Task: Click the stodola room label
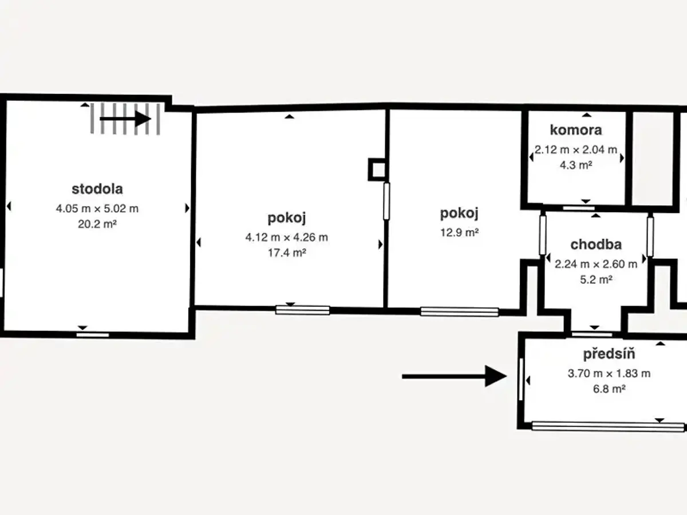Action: point(97,189)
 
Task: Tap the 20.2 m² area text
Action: point(97,224)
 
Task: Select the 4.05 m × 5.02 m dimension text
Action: point(97,208)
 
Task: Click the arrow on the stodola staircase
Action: point(125,119)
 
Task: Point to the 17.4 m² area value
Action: point(287,252)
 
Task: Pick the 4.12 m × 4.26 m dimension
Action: point(287,237)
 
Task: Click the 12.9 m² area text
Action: point(460,232)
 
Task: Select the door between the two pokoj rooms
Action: point(386,201)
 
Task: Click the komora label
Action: point(576,130)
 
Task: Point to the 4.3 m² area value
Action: point(576,165)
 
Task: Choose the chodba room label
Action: point(596,244)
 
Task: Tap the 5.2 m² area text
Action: point(596,279)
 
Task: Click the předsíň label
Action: point(609,354)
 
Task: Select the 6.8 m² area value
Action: point(609,389)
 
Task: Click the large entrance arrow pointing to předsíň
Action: point(455,376)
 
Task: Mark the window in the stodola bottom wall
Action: point(93,335)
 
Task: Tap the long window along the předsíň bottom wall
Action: point(608,427)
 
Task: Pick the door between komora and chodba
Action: point(579,208)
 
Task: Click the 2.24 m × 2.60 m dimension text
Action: point(596,264)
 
